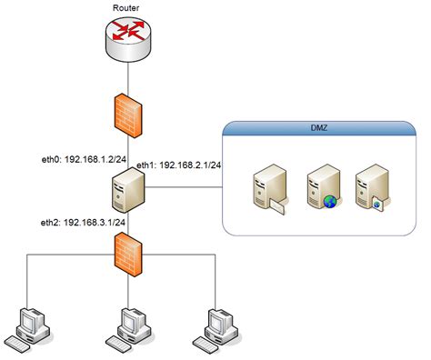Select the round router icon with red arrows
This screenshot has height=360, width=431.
point(125,39)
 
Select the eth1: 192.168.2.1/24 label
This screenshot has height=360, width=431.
point(180,165)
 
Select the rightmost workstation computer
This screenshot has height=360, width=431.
point(218,325)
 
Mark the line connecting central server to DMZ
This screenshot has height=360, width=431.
point(182,188)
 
